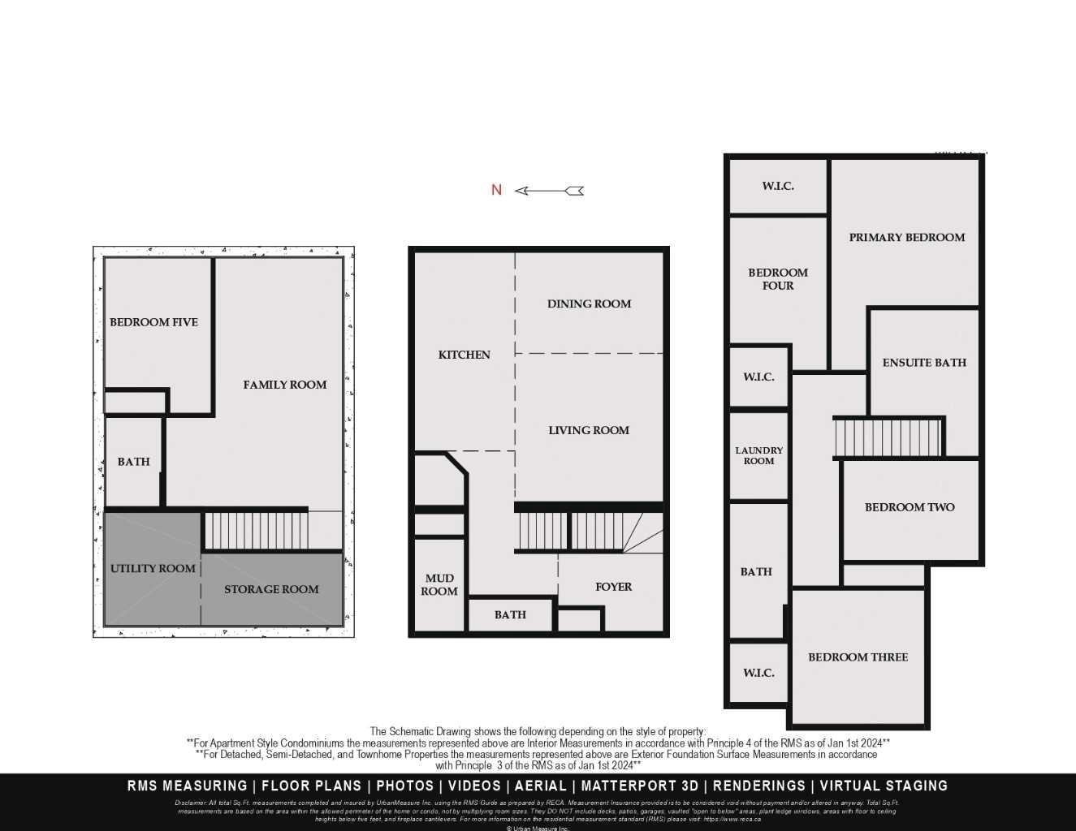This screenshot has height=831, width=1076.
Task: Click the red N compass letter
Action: pyautogui.click(x=497, y=190)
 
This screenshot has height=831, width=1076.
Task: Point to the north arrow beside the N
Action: pyautogui.click(x=550, y=191)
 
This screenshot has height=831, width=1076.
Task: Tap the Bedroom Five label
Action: pyautogui.click(x=153, y=322)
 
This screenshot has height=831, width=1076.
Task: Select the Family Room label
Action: pyautogui.click(x=285, y=385)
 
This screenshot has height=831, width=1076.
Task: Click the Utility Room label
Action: pyautogui.click(x=153, y=568)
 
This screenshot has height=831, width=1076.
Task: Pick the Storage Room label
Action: pyautogui.click(x=271, y=589)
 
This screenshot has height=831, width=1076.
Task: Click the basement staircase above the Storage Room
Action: pyautogui.click(x=255, y=530)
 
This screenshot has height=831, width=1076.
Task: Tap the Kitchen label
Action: pyautogui.click(x=464, y=355)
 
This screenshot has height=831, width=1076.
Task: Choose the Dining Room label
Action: pyautogui.click(x=589, y=304)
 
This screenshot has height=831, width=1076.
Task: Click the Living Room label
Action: pyautogui.click(x=589, y=430)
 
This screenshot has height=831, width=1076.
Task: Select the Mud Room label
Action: pyautogui.click(x=439, y=584)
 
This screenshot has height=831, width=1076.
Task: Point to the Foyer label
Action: pyautogui.click(x=613, y=587)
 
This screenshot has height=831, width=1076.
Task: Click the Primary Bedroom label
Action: pyautogui.click(x=907, y=237)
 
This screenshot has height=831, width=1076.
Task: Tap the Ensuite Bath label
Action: pyautogui.click(x=924, y=363)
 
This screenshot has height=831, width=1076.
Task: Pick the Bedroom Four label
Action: pyautogui.click(x=778, y=278)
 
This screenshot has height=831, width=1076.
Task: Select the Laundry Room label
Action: pyautogui.click(x=759, y=455)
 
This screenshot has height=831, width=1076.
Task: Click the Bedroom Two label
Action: pyautogui.click(x=910, y=507)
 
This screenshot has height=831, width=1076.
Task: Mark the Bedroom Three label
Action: pyautogui.click(x=858, y=657)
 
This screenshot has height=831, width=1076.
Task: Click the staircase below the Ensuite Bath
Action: pyautogui.click(x=888, y=437)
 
